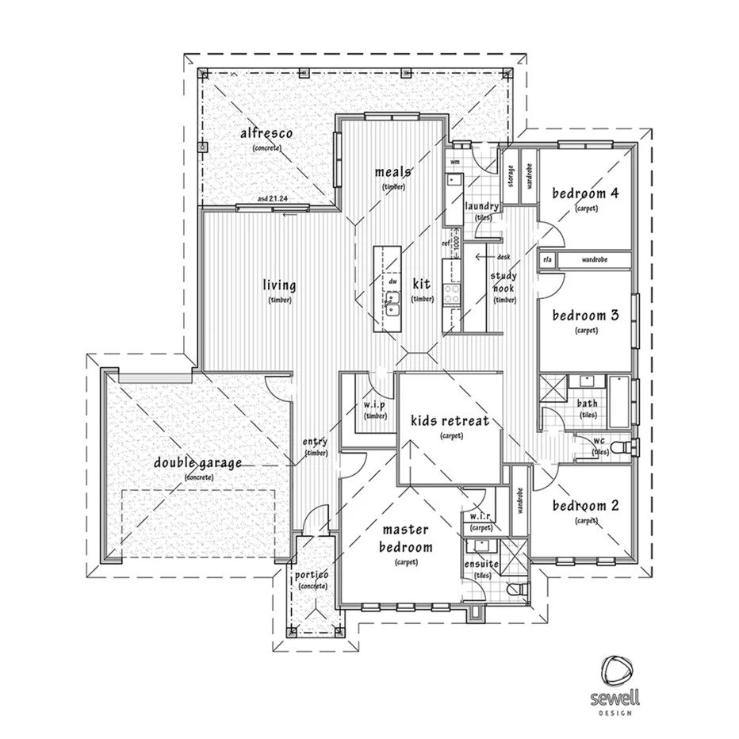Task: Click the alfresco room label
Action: coord(267,134)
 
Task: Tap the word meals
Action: coord(392,172)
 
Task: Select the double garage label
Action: coord(198,463)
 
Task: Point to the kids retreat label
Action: coord(449,420)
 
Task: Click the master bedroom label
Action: coord(407,538)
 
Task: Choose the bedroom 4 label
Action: coord(585,193)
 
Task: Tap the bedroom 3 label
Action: coord(585,315)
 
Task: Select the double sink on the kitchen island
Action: coord(392,302)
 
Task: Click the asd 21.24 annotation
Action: coord(274,199)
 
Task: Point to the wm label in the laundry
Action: coord(455,162)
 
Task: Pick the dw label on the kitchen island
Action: coord(392,281)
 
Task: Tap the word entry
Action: coord(315,442)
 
